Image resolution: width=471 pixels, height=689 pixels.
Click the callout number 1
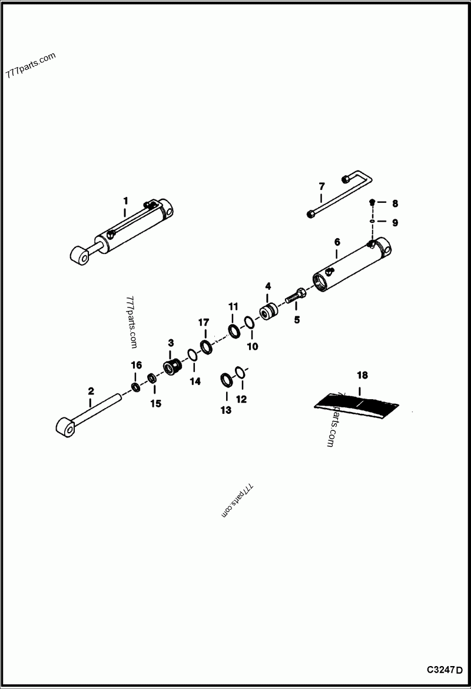[x=125, y=200]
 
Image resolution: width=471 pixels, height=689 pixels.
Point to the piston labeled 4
[x=270, y=311]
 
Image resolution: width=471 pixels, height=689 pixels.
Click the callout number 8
[x=394, y=203]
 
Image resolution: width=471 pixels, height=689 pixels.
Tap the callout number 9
[x=394, y=223]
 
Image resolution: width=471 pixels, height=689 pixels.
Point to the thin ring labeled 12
[x=240, y=372]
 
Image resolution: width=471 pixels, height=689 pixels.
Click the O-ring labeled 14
[x=193, y=355]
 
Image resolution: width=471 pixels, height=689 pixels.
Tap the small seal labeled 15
[x=152, y=377]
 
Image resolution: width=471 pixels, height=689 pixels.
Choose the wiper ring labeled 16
[x=136, y=387]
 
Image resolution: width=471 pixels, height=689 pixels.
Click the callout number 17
[x=203, y=322]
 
